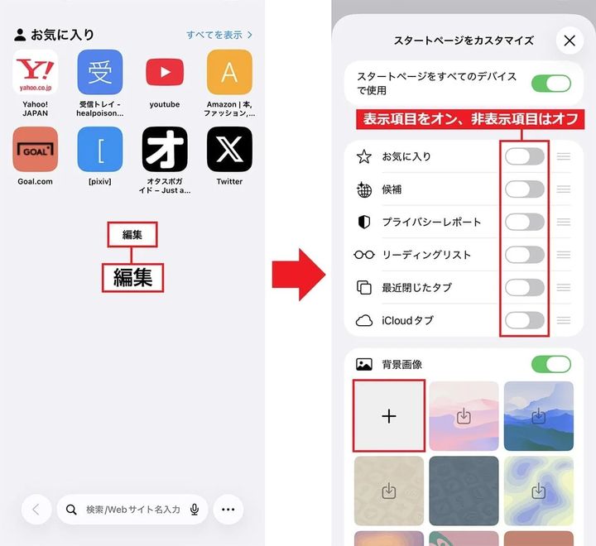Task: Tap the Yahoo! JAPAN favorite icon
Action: pyautogui.click(x=36, y=72)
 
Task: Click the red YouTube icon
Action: pyautogui.click(x=165, y=72)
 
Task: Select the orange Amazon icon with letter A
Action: pyautogui.click(x=229, y=72)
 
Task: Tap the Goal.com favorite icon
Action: pyautogui.click(x=36, y=149)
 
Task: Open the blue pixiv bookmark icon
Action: pyautogui.click(x=100, y=149)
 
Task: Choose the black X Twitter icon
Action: pyautogui.click(x=229, y=149)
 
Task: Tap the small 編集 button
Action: pyautogui.click(x=132, y=235)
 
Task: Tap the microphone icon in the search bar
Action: pyautogui.click(x=195, y=510)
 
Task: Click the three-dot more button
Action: pyautogui.click(x=228, y=510)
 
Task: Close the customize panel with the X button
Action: pyautogui.click(x=569, y=41)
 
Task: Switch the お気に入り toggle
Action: pyautogui.click(x=525, y=156)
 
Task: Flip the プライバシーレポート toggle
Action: pyautogui.click(x=525, y=222)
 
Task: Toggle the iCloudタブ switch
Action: pyautogui.click(x=525, y=320)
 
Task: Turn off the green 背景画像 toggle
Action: pyautogui.click(x=551, y=364)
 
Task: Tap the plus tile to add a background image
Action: pyautogui.click(x=389, y=416)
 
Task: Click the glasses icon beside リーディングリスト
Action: pyautogui.click(x=364, y=255)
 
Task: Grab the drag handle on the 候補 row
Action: pyautogui.click(x=564, y=189)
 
